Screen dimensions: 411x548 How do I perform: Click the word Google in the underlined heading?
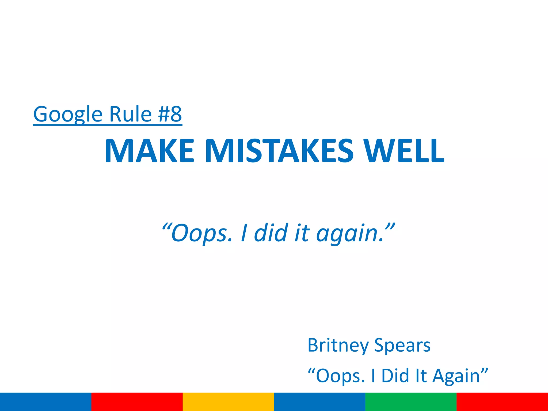[x=68, y=115]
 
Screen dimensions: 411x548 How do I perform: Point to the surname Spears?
[x=402, y=345]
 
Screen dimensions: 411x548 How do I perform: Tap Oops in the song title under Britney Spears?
[x=340, y=376]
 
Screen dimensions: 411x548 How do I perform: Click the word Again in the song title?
[x=456, y=376]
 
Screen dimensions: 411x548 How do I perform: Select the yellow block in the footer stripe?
[x=228, y=402]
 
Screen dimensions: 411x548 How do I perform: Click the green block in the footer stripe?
[x=411, y=402]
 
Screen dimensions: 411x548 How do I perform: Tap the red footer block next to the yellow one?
[x=137, y=402]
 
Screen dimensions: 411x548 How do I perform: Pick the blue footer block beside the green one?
[x=319, y=402]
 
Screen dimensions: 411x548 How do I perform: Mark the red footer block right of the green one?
[x=502, y=402]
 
